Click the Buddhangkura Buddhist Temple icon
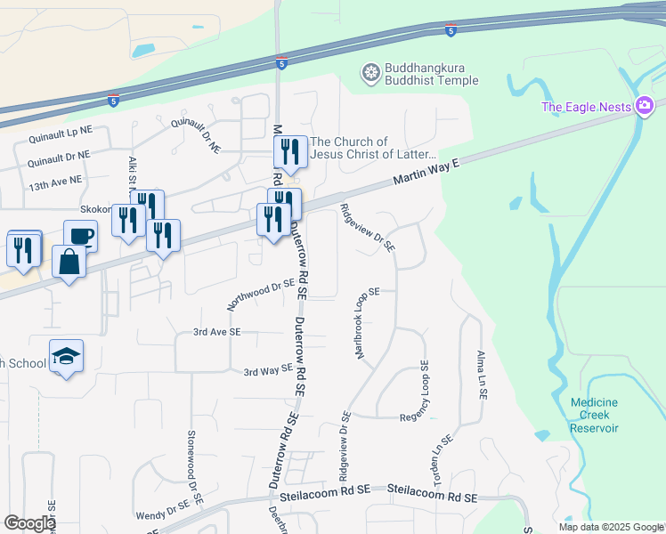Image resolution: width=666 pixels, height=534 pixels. (370, 72)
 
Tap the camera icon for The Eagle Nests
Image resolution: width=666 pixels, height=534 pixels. (645, 108)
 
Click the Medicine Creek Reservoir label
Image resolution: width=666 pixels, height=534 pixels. (594, 415)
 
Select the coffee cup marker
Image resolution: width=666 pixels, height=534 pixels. (80, 237)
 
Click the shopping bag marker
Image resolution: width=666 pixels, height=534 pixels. (69, 263)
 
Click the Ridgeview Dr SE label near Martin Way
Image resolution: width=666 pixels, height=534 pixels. (367, 228)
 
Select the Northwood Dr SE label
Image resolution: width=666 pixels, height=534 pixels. (260, 293)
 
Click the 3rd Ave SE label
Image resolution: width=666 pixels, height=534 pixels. (217, 331)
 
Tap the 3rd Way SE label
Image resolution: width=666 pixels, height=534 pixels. (269, 369)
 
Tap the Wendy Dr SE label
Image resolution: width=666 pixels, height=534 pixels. (162, 512)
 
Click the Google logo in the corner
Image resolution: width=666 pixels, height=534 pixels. (29, 523)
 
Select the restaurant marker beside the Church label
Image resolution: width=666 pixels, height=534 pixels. (290, 151)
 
